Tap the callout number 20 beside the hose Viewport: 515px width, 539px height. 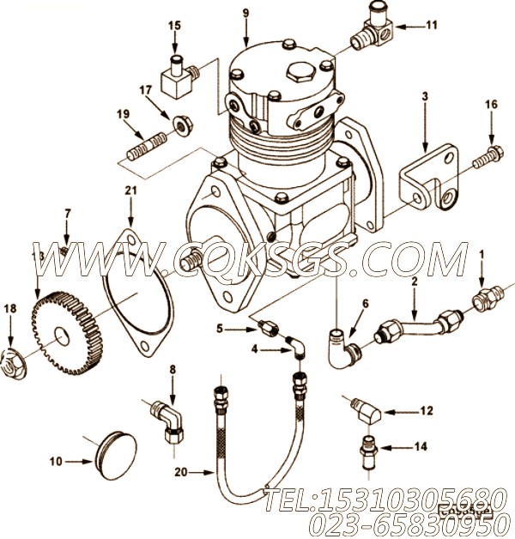pos(179,471)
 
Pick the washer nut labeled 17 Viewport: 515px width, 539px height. pos(181,124)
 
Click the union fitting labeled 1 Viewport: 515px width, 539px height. pos(484,300)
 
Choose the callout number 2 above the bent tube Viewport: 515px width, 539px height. pos(414,282)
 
